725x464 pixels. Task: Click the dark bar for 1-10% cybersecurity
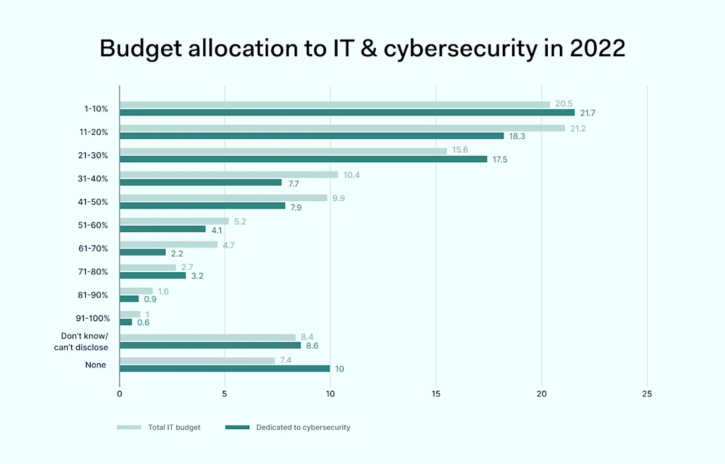tap(347, 113)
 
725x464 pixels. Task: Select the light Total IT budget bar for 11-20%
tap(342, 128)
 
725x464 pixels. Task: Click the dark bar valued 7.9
tap(202, 205)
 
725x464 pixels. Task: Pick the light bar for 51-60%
tap(174, 221)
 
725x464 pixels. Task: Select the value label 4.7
tap(229, 245)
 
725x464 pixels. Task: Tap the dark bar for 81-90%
tap(129, 298)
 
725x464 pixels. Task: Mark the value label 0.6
tap(143, 323)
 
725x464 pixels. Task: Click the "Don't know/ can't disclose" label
tap(81, 342)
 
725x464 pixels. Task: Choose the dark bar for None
tap(224, 368)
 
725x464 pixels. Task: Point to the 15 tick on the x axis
tap(436, 394)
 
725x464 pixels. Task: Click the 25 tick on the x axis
tap(646, 394)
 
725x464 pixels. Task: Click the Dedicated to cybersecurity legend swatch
tap(237, 427)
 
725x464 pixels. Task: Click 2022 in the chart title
tap(593, 49)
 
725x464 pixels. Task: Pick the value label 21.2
tap(577, 128)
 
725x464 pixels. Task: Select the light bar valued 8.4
tap(207, 337)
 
